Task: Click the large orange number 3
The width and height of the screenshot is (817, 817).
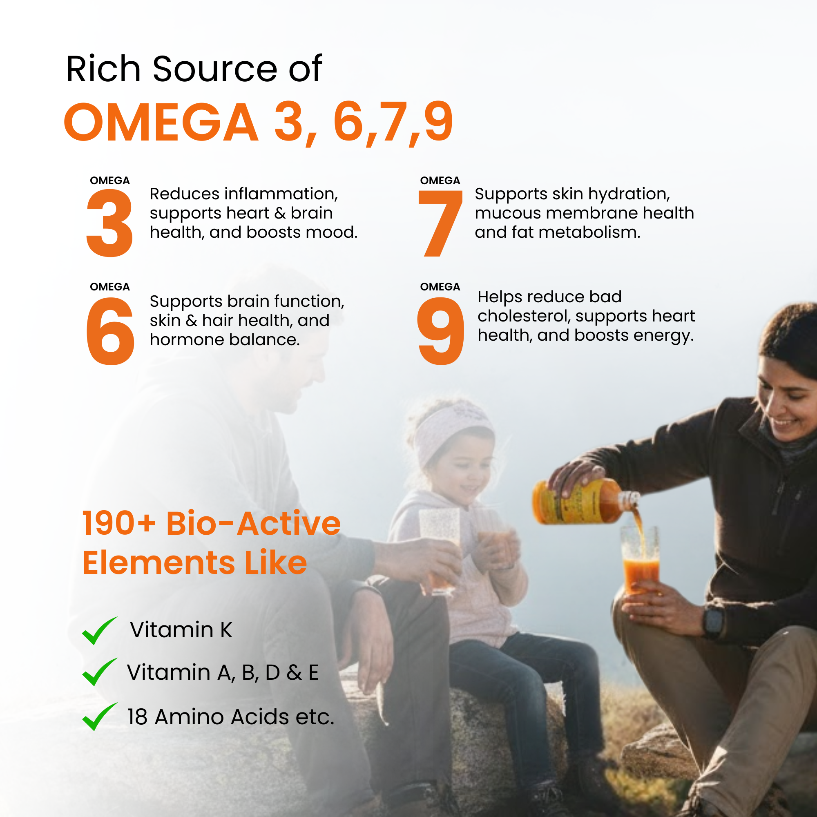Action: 109,223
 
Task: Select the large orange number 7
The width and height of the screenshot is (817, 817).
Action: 440,223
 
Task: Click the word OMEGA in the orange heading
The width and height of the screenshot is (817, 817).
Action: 161,123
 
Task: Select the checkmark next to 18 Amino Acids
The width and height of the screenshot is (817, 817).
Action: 99,717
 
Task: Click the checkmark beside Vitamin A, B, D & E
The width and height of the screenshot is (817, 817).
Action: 99,672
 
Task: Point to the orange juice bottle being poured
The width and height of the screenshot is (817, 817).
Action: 585,502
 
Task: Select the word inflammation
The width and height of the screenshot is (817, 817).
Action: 281,194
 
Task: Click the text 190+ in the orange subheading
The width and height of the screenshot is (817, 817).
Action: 119,524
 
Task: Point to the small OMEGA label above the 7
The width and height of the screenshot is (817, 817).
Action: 440,181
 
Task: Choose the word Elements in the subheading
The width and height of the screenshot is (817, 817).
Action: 159,563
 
